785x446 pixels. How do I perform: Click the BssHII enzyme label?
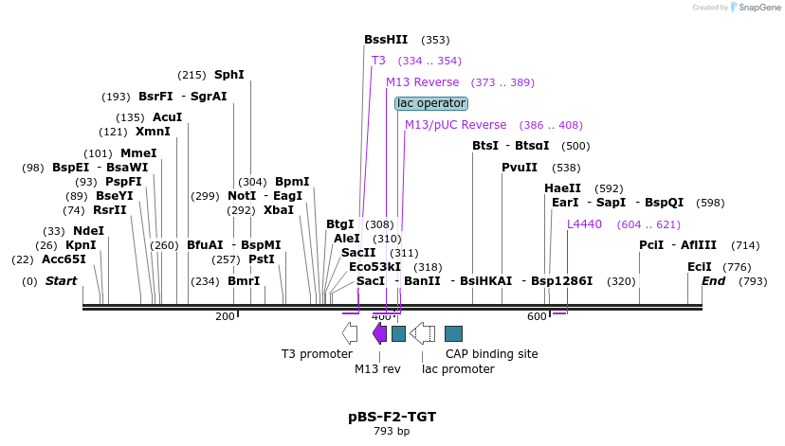click(386, 40)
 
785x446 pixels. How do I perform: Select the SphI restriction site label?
click(228, 75)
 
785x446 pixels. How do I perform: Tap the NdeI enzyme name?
click(88, 231)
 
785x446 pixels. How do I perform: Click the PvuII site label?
click(520, 168)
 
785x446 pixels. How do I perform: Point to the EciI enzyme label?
click(700, 267)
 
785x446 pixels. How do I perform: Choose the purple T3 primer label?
click(378, 61)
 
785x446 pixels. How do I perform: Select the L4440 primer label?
click(584, 224)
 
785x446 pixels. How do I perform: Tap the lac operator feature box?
click(431, 103)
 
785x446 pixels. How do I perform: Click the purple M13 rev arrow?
click(379, 332)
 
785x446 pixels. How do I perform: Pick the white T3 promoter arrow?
click(350, 332)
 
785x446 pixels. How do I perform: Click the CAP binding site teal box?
click(453, 333)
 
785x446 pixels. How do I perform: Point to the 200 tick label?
click(225, 316)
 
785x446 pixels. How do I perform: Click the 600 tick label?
click(537, 316)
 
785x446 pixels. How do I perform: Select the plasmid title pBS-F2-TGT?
click(392, 417)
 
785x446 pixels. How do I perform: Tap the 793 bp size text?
click(392, 431)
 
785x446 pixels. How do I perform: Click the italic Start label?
click(61, 281)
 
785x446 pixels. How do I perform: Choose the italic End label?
click(713, 281)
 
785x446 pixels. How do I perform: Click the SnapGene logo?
click(756, 8)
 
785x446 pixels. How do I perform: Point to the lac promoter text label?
click(459, 368)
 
